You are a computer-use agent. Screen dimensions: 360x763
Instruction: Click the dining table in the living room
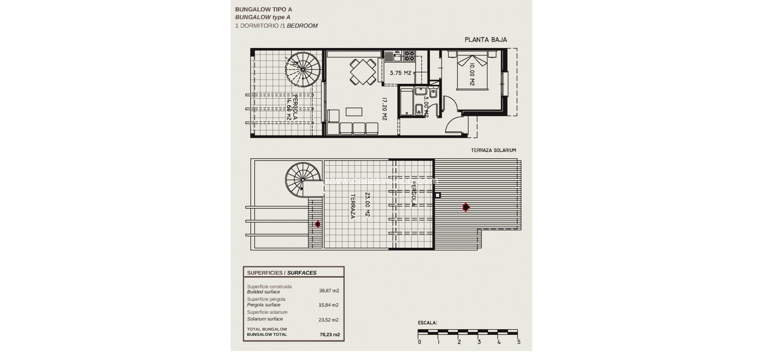[x=362, y=72]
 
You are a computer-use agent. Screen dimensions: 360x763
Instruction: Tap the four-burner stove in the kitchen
[x=409, y=56]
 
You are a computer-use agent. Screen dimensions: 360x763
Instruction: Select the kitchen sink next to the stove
[x=397, y=57]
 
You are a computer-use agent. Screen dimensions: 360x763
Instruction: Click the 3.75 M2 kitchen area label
[x=400, y=73]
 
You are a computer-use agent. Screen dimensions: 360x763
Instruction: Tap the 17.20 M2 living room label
[x=385, y=109]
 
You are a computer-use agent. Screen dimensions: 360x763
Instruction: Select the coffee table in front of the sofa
[x=354, y=112]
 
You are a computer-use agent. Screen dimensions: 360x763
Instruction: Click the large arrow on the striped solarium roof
[x=465, y=208]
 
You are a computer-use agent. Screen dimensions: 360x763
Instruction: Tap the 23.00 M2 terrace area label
[x=367, y=205]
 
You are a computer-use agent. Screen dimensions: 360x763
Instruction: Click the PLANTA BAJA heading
[x=486, y=40]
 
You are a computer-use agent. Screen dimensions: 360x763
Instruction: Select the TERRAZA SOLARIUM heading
[x=493, y=150]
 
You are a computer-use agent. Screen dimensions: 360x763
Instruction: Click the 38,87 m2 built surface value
[x=329, y=291]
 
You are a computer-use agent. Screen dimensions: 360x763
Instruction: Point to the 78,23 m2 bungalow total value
[x=329, y=334]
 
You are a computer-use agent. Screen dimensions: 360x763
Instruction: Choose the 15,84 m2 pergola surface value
[x=329, y=305]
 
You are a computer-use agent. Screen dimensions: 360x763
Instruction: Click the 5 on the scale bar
[x=518, y=342]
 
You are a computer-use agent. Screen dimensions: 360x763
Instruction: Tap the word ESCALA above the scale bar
[x=427, y=323]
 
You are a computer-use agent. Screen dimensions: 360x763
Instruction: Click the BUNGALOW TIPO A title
[x=264, y=9]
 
